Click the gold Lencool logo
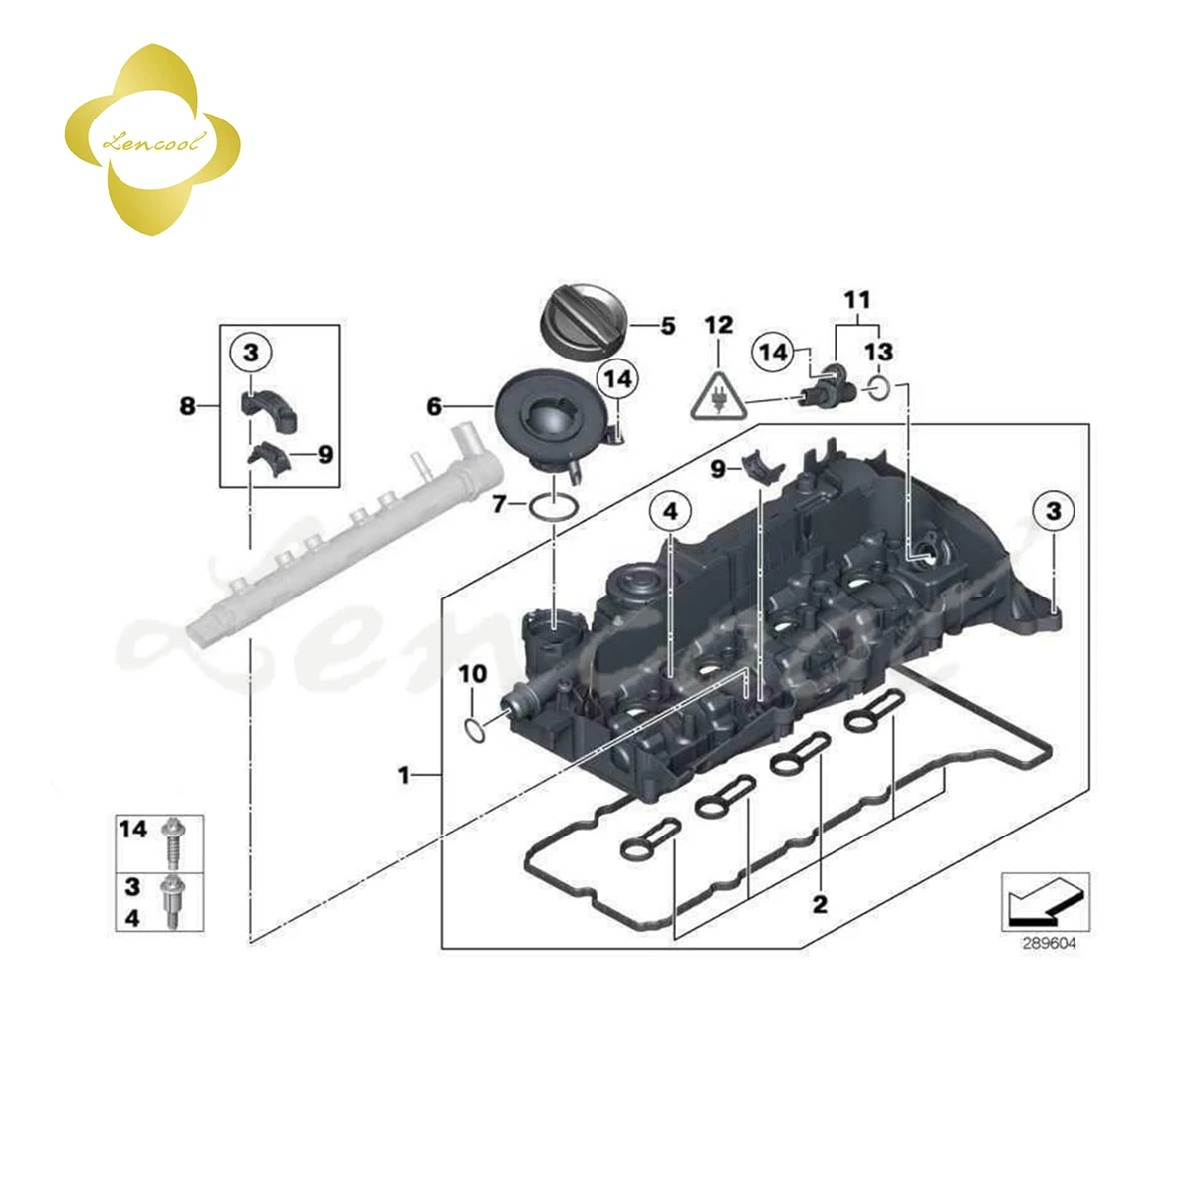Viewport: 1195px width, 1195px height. pos(151,142)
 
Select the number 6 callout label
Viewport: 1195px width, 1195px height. pos(434,407)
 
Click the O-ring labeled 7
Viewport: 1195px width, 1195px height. pos(553,506)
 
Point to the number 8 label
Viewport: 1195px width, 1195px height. pos(187,406)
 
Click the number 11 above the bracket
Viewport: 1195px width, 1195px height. pos(856,299)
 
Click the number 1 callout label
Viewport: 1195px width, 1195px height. pos(404,774)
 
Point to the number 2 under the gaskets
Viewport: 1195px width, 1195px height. pos(820,904)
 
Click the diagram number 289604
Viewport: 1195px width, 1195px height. pos(1048,942)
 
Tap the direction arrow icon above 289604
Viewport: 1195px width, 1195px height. pos(1045,902)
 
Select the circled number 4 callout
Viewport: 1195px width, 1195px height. pos(670,512)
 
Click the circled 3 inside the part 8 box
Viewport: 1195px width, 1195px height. pos(250,352)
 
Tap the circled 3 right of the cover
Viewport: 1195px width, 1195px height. pos(1053,512)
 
